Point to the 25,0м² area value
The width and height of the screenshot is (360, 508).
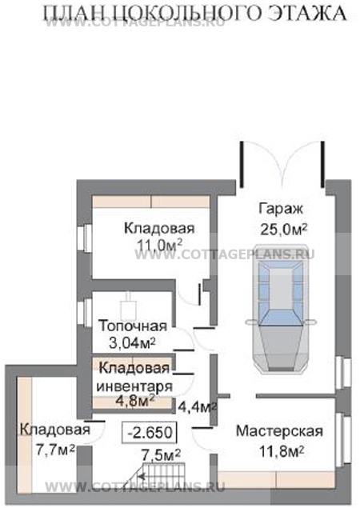coord(282,229)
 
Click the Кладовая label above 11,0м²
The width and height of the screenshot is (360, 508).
coord(158,228)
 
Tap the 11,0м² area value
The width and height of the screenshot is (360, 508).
coord(158,245)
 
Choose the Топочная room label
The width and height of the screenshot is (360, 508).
coord(132,326)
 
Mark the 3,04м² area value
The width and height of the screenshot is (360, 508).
coord(131,343)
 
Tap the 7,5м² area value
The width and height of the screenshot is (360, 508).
coord(161,456)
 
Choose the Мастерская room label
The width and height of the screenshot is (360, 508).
coord(279,432)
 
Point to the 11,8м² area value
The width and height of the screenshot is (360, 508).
coord(279,450)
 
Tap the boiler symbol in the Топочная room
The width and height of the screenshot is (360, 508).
coord(126,310)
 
